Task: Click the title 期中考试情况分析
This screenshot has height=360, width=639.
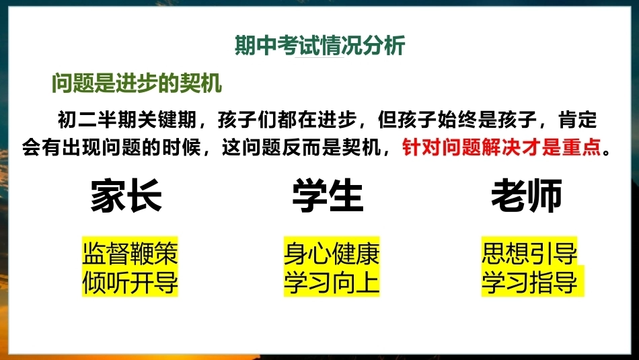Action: click(x=320, y=45)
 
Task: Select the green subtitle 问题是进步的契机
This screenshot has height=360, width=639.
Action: click(x=137, y=83)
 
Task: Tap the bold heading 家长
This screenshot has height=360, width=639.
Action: click(x=126, y=196)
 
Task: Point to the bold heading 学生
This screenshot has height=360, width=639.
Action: click(x=328, y=196)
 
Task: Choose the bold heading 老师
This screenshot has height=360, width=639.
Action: click(x=527, y=196)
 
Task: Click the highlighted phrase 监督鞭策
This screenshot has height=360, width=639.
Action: click(x=130, y=253)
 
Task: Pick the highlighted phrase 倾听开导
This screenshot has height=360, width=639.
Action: click(x=130, y=282)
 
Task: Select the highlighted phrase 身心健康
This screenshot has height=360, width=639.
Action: click(x=332, y=253)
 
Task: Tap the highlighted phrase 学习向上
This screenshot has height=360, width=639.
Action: click(x=332, y=282)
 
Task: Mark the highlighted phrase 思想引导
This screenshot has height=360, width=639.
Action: click(x=529, y=253)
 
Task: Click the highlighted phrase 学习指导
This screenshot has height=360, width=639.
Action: click(x=529, y=282)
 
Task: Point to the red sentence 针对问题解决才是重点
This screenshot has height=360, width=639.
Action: click(x=502, y=147)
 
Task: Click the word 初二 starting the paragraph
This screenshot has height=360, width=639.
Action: click(x=77, y=120)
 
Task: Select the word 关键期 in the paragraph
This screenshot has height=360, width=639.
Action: click(x=167, y=120)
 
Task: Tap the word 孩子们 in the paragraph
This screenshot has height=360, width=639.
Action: click(x=248, y=120)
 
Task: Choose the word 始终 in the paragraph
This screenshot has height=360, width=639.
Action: click(x=457, y=120)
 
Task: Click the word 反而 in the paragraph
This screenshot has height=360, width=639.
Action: click(x=302, y=147)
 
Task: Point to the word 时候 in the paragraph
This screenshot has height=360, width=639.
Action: click(x=182, y=147)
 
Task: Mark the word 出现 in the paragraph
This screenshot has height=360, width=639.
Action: click(x=81, y=147)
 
